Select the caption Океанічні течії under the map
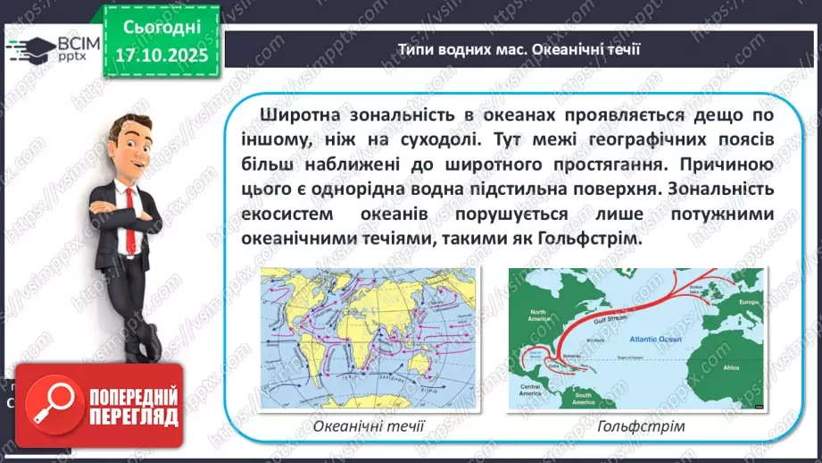pyautogui.click(x=369, y=425)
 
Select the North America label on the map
pyautogui.click(x=536, y=314)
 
